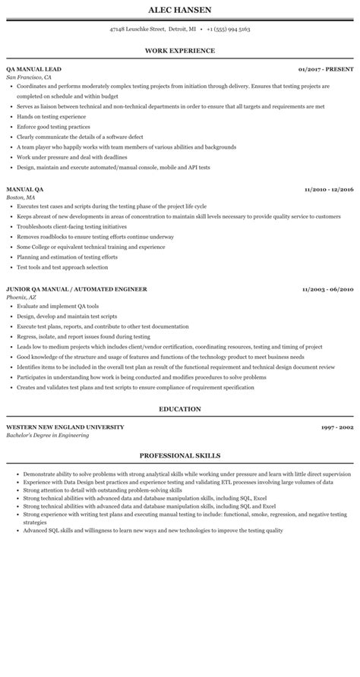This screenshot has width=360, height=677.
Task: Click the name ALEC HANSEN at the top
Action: (180, 10)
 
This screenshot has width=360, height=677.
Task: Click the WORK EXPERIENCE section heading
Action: (180, 50)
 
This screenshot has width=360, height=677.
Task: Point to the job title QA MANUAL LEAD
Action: (34, 69)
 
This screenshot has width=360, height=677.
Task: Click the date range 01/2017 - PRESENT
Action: (326, 69)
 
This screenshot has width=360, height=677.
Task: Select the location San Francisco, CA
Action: (29, 77)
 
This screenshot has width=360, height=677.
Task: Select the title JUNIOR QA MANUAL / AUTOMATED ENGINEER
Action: (77, 288)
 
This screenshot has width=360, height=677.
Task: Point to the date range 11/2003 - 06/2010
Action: (328, 288)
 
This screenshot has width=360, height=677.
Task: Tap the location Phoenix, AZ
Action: (22, 297)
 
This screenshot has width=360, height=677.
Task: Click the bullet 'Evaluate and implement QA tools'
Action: (57, 306)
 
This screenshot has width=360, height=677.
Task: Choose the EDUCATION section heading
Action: (180, 408)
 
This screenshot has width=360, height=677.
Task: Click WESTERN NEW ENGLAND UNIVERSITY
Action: (65, 427)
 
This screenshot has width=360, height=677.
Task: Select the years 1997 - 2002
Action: (337, 427)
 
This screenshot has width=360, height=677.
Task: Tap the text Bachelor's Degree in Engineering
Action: (47, 435)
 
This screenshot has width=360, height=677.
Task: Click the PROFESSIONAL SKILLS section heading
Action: (180, 455)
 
